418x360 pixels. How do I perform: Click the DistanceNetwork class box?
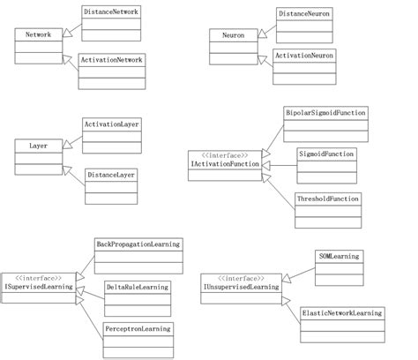(111, 12)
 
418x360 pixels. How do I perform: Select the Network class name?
(38, 34)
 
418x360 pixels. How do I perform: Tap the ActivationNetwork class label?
(111, 59)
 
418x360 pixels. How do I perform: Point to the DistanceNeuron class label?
(304, 14)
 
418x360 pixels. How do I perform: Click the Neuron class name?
(233, 34)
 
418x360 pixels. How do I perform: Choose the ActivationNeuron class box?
(304, 55)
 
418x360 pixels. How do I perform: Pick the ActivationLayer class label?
(111, 124)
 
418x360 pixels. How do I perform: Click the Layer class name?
(38, 144)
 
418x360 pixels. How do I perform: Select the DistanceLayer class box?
(111, 175)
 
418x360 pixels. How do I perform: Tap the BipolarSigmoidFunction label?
(325, 114)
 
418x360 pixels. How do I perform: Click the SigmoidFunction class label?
(326, 154)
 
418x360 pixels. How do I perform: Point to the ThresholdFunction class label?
(328, 199)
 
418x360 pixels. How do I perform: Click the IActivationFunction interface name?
(225, 163)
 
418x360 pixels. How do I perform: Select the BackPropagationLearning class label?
(138, 244)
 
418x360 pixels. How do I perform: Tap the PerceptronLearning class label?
(138, 328)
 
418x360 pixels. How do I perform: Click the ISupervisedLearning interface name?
(38, 288)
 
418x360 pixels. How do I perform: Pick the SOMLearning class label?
(339, 256)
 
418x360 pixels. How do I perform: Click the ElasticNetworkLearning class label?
(342, 312)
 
